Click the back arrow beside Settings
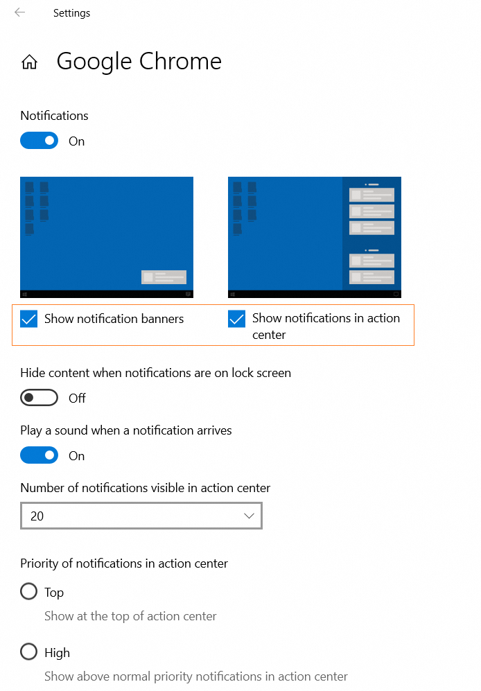pyautogui.click(x=19, y=12)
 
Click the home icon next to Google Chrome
pyautogui.click(x=29, y=62)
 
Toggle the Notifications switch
pyautogui.click(x=39, y=141)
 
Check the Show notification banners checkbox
pyautogui.click(x=28, y=319)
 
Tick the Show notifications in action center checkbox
pyautogui.click(x=236, y=319)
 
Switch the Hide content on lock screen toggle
pyautogui.click(x=39, y=398)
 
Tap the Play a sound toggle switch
pyautogui.click(x=39, y=455)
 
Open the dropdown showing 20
pyautogui.click(x=141, y=516)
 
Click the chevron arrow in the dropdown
pyautogui.click(x=250, y=516)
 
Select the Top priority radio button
pyautogui.click(x=28, y=592)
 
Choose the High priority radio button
pyautogui.click(x=28, y=652)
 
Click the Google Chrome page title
pyautogui.click(x=139, y=62)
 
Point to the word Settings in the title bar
pyautogui.click(x=71, y=13)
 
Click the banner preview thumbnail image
pyautogui.click(x=107, y=237)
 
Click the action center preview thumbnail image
pyautogui.click(x=315, y=237)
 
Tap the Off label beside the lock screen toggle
pyautogui.click(x=77, y=398)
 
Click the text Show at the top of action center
pyautogui.click(x=130, y=616)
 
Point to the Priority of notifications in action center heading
pyautogui.click(x=124, y=563)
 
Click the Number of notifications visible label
pyautogui.click(x=145, y=488)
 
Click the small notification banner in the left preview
pyautogui.click(x=164, y=277)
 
